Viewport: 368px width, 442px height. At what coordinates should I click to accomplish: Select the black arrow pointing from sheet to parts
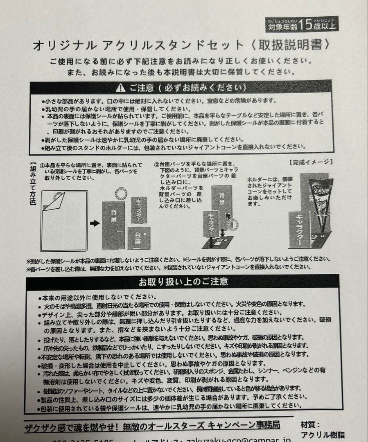94,223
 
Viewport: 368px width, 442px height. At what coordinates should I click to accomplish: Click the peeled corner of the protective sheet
53,200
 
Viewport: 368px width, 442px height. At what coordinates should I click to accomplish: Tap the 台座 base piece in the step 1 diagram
139,238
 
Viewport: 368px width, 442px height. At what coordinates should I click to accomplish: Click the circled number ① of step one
41,165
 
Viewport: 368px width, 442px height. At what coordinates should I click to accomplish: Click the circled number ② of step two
156,165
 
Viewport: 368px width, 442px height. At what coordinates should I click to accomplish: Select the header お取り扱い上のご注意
183,282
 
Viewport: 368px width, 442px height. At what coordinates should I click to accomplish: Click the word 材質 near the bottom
309,425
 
